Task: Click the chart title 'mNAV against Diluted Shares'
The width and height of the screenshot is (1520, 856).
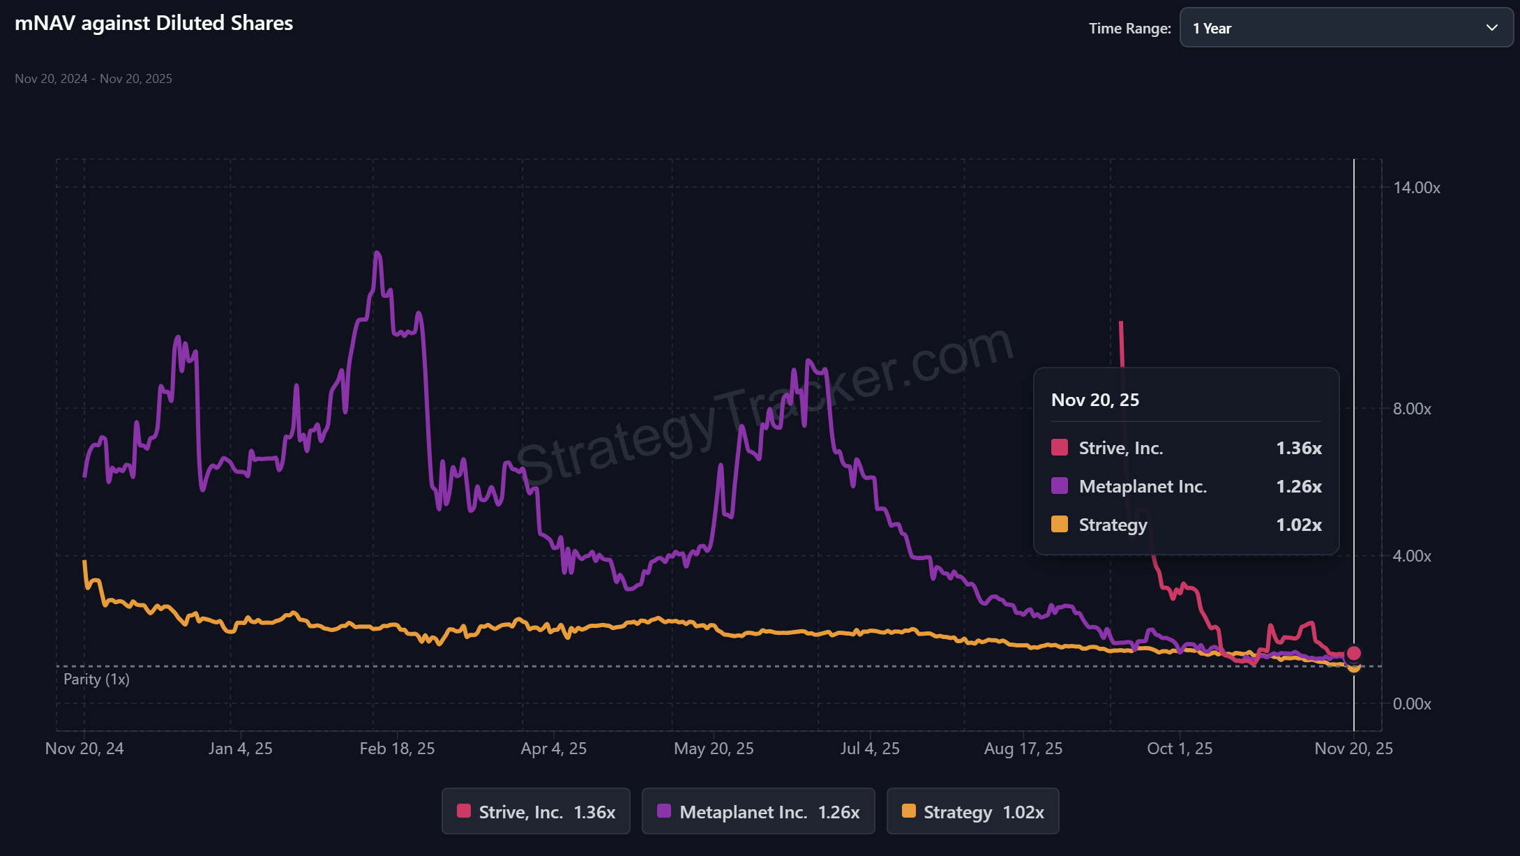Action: click(x=153, y=23)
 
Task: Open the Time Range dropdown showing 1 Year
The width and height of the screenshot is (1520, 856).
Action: click(x=1346, y=28)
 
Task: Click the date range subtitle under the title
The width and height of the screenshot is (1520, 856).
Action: click(x=93, y=79)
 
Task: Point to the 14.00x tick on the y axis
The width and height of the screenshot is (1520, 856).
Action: click(x=1416, y=188)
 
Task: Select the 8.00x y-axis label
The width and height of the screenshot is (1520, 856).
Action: click(x=1412, y=409)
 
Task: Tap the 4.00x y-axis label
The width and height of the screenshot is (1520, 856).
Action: click(x=1412, y=556)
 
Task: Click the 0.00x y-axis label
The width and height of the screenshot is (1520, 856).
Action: click(x=1412, y=704)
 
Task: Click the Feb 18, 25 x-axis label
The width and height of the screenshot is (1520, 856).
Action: click(x=397, y=749)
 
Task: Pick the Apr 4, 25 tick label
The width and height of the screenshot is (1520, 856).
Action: click(x=553, y=749)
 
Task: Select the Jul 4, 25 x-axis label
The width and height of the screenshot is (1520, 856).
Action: click(x=870, y=749)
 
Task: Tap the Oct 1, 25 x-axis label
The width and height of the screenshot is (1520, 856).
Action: click(x=1180, y=749)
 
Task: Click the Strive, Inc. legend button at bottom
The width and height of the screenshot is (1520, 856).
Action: click(x=536, y=811)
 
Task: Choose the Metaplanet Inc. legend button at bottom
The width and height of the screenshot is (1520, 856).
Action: click(x=758, y=811)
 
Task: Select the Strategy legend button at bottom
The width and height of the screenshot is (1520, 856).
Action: click(x=972, y=811)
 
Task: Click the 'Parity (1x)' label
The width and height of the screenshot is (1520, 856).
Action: click(x=96, y=679)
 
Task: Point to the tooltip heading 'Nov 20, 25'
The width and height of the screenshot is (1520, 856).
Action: click(x=1095, y=400)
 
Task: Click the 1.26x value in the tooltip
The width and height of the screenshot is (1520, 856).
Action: click(x=1299, y=486)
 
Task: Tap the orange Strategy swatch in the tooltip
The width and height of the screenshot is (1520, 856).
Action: click(x=1060, y=524)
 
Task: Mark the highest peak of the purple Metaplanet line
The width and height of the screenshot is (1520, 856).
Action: click(x=377, y=253)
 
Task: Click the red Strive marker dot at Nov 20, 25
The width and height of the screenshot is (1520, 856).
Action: click(x=1354, y=653)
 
